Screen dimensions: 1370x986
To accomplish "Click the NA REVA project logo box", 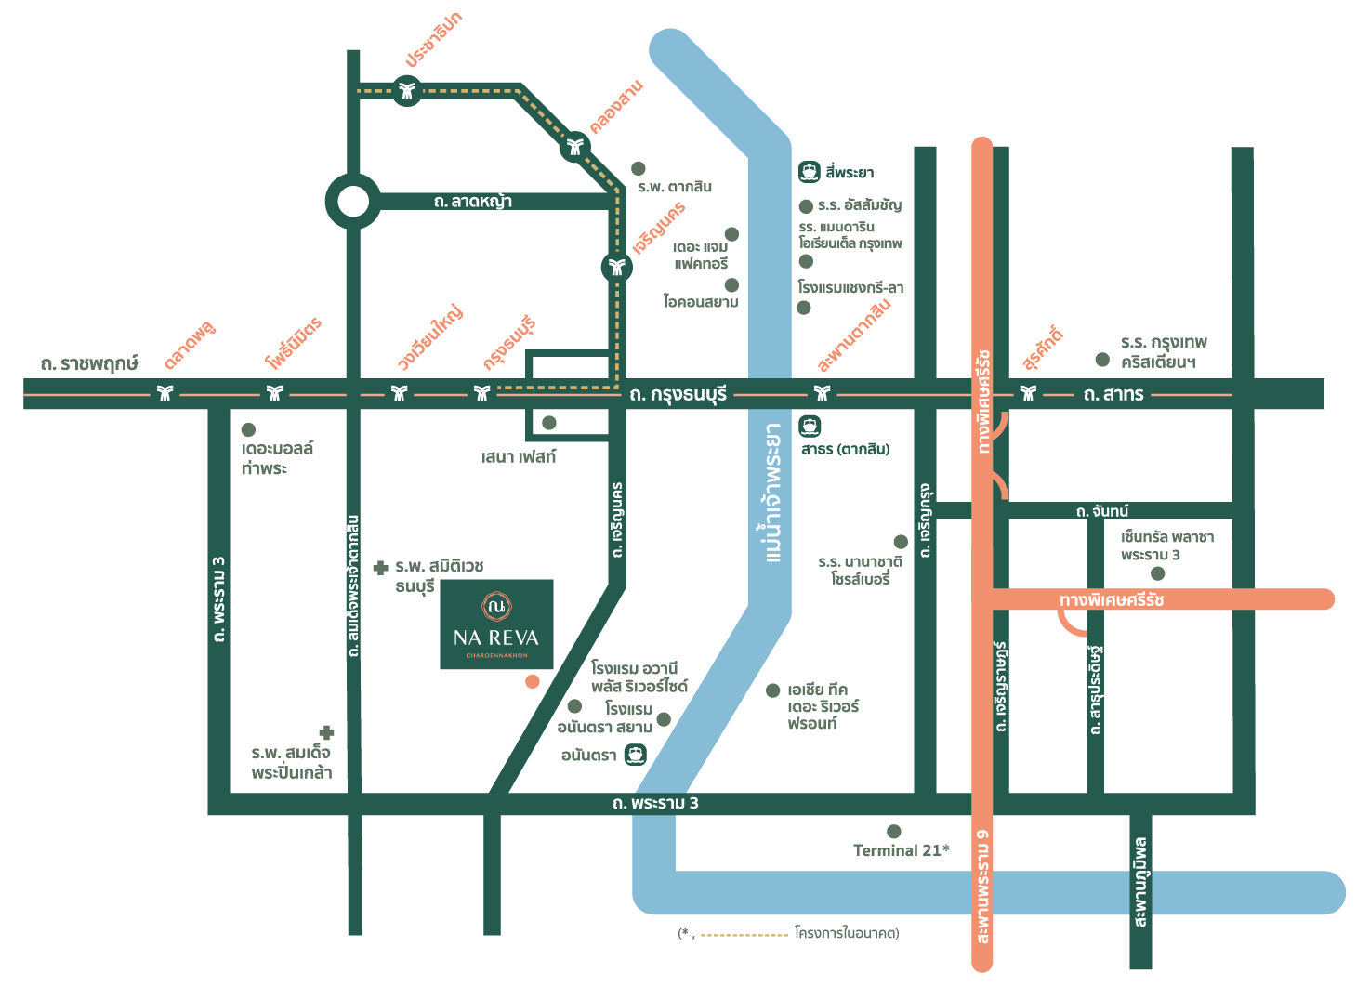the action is coord(496,624).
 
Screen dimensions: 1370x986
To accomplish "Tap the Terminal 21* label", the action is coord(901,850).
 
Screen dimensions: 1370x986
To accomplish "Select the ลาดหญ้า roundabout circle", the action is coord(353,202).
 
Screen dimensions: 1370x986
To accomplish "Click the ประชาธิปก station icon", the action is coord(407,90).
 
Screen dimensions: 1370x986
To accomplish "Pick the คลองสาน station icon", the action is coord(575,147).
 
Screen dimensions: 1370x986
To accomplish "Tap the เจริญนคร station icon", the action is coord(616,267).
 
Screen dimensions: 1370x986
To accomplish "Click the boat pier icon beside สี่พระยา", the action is coord(810,171).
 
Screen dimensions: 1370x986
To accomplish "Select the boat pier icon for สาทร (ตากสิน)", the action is coord(810,426).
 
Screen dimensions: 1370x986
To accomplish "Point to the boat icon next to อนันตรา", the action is coord(636,755).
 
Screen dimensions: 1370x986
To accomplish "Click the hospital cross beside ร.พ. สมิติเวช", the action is coord(380,568).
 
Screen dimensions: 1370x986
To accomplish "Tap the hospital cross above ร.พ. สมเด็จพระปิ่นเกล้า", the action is coord(326,732).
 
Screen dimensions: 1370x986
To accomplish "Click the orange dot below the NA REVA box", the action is coord(532,681).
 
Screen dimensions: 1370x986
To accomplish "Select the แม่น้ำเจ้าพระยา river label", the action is coord(773,493).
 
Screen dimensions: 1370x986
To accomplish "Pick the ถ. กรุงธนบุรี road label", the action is coord(678,395).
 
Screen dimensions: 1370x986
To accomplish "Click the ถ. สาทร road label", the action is coord(1113,395).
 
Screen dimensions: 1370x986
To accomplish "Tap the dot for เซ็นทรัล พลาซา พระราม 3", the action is coord(1157,573).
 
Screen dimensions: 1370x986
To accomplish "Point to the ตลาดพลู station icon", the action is coord(165,393).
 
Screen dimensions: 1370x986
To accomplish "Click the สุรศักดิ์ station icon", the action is coord(1028,393).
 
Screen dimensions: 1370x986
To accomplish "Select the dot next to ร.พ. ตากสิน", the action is coord(638,168).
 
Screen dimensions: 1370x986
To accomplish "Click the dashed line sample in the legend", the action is coord(744,935).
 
